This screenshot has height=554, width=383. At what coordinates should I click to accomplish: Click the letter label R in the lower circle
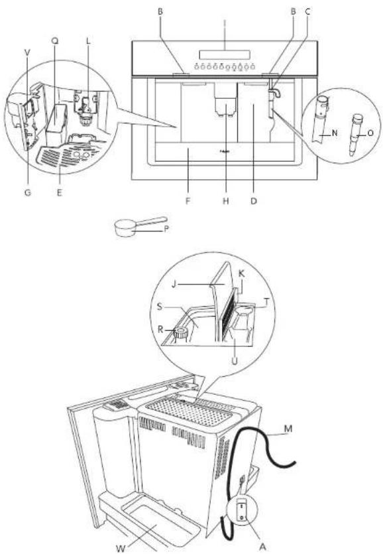(x=168, y=328)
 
